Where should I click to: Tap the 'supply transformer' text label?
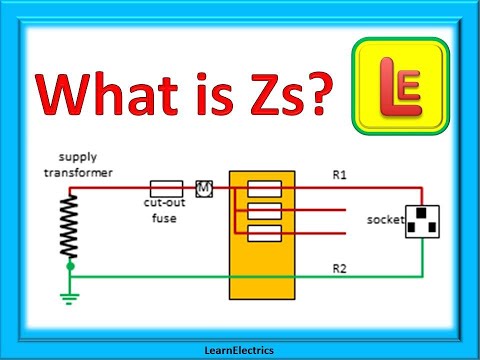(86, 166)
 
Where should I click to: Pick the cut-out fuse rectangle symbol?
(166, 187)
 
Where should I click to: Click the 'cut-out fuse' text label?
(162, 211)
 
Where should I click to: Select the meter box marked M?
(205, 187)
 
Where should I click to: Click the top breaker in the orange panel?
(262, 187)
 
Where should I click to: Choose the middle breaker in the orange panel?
(262, 210)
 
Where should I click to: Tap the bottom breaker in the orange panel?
(262, 232)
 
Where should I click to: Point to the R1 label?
(341, 175)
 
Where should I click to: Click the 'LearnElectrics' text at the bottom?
(239, 350)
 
